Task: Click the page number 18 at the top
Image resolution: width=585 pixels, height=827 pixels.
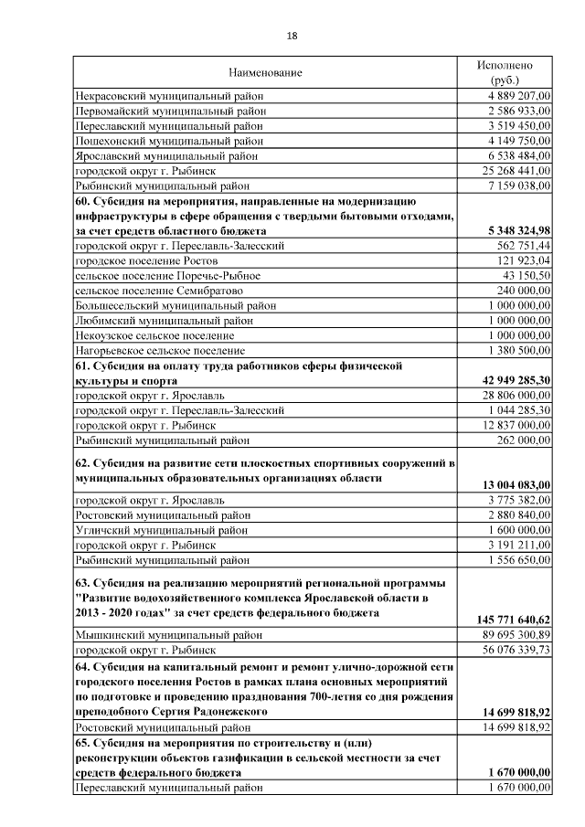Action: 292,36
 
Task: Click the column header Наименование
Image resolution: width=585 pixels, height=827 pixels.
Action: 265,71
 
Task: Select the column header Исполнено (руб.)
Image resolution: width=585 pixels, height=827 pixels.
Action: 505,72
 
